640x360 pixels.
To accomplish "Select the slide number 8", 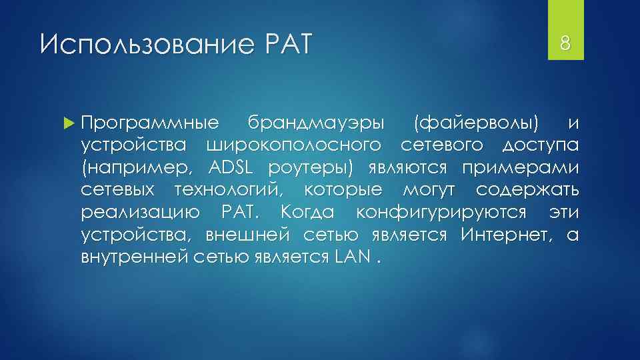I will tap(565, 45).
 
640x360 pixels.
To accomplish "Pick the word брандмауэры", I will tap(316, 123).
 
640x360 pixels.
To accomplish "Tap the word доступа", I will tap(540, 145).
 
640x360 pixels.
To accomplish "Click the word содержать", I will tap(527, 190).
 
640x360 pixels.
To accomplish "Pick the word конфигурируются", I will tap(443, 213).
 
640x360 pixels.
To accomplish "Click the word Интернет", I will tap(507, 235).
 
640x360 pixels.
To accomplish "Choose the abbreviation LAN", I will tap(349, 257).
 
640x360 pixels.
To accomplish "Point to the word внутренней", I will tap(130, 257).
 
